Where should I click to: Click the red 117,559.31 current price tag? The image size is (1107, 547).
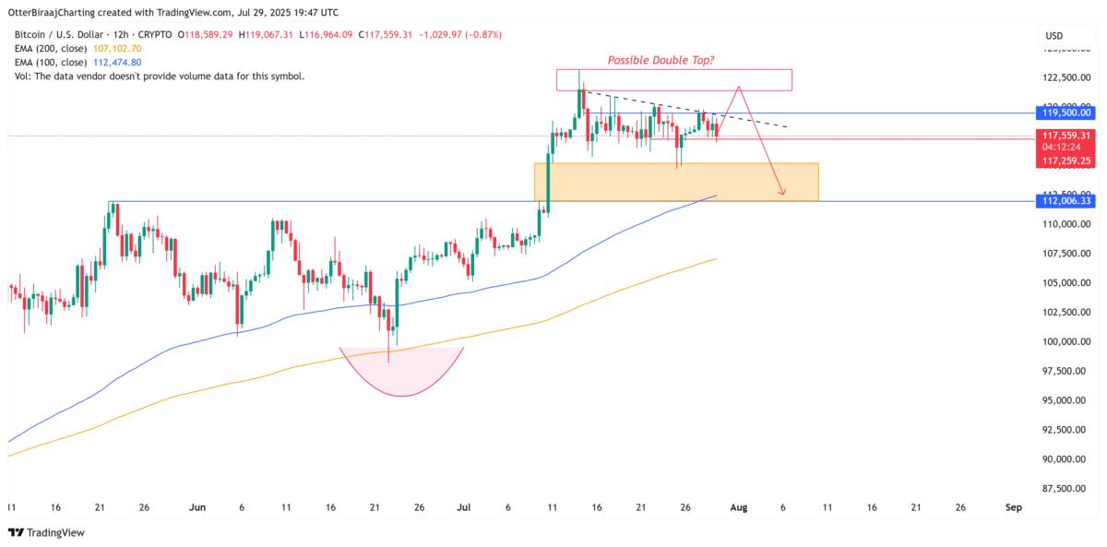[x=1066, y=135]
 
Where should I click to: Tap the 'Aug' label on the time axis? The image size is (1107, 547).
[x=738, y=507]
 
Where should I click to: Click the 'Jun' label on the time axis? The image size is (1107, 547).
[x=196, y=507]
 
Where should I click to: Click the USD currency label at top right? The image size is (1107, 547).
[x=1053, y=36]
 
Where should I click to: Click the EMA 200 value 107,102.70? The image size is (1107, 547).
[x=116, y=48]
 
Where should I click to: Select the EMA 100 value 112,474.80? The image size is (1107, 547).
[x=116, y=62]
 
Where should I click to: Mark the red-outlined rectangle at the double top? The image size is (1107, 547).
[x=673, y=79]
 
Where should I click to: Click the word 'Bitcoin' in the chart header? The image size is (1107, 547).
[x=33, y=34]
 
